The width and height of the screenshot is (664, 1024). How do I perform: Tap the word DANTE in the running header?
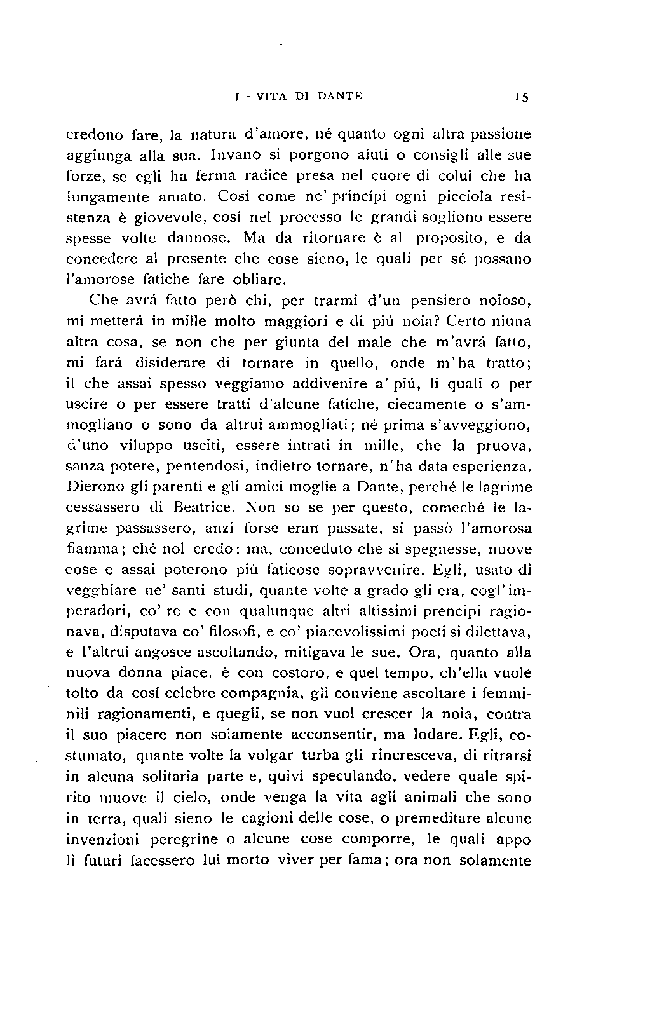(337, 97)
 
